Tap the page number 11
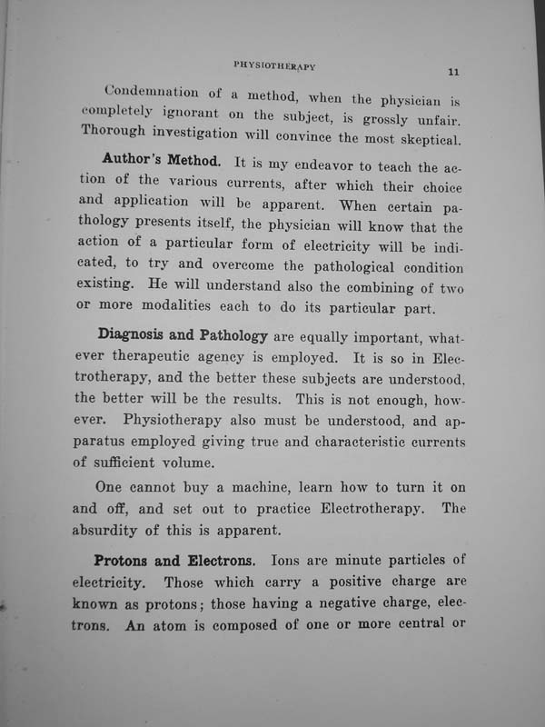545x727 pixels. (x=454, y=72)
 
